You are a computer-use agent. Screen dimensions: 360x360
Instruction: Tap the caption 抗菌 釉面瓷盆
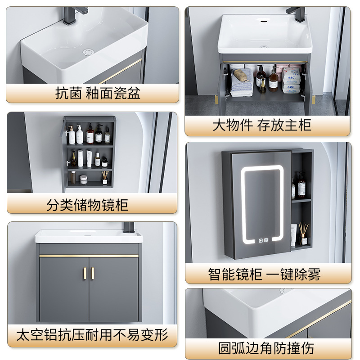[x=98, y=93]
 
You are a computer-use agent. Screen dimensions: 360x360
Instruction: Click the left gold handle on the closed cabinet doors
[x=84, y=273]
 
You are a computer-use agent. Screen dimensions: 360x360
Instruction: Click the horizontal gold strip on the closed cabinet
[x=89, y=256]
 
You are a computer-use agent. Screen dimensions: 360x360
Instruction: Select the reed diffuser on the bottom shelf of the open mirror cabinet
[x=104, y=177]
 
